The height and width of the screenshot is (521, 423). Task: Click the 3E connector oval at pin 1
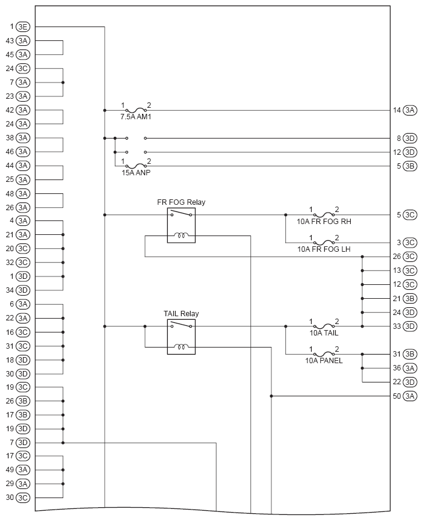pos(23,27)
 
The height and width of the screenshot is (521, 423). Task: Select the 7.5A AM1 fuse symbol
pos(136,110)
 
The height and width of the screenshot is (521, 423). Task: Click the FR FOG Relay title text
pos(181,202)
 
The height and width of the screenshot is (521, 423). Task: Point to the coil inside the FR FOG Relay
pos(181,235)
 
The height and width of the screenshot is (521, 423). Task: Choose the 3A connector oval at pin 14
pos(410,110)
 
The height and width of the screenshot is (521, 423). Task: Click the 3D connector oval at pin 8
pos(410,138)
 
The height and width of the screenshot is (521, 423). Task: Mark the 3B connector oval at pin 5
pos(410,166)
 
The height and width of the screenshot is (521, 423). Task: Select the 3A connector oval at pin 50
pos(410,396)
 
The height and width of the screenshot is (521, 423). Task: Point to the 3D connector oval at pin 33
pos(410,326)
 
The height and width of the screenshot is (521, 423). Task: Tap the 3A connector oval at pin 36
pos(410,368)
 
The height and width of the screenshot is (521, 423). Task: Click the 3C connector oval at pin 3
pos(410,242)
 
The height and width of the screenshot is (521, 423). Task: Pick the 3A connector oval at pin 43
pos(23,41)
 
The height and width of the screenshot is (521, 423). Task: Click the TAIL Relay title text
pos(181,314)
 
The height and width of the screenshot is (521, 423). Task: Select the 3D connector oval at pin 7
pos(23,443)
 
